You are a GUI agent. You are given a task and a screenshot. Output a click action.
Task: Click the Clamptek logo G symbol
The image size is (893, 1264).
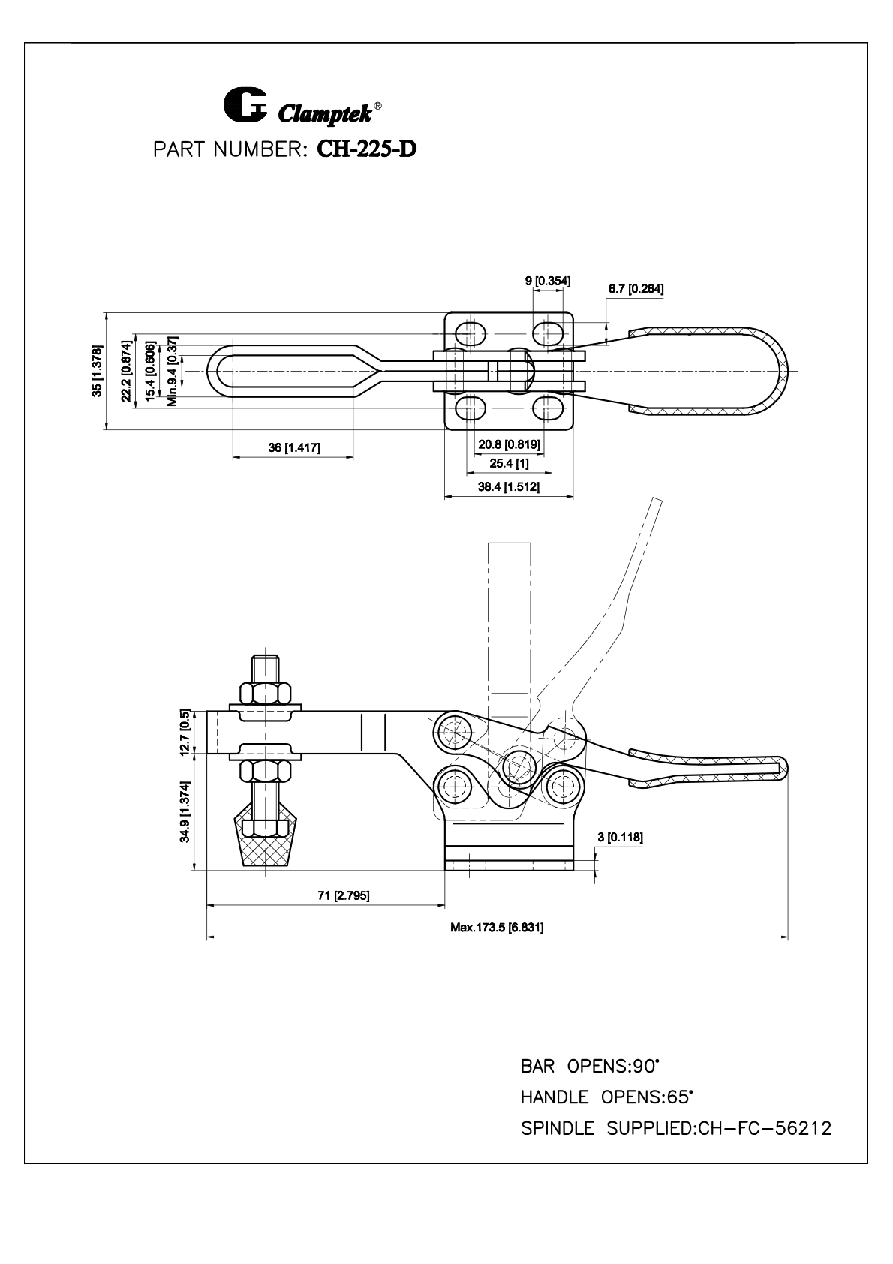(x=245, y=105)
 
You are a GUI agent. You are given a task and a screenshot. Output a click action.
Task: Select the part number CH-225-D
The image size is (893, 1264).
(x=367, y=149)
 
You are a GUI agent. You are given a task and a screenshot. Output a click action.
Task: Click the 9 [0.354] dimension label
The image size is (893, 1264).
(x=548, y=281)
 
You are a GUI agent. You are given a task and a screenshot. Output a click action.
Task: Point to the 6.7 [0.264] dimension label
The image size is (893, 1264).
(x=636, y=289)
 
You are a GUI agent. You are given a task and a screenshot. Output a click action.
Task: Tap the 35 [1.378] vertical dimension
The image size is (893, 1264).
(x=98, y=371)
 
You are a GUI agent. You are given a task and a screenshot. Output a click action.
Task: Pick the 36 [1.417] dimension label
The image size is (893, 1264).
(x=294, y=447)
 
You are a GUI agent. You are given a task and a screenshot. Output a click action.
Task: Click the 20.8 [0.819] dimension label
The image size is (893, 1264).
(x=509, y=444)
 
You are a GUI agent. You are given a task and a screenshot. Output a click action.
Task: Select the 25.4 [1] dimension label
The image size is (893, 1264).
(x=509, y=463)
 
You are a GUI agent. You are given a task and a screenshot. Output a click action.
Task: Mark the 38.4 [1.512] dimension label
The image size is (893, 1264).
(x=509, y=486)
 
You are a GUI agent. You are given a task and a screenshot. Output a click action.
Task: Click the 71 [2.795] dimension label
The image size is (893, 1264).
(x=344, y=895)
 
